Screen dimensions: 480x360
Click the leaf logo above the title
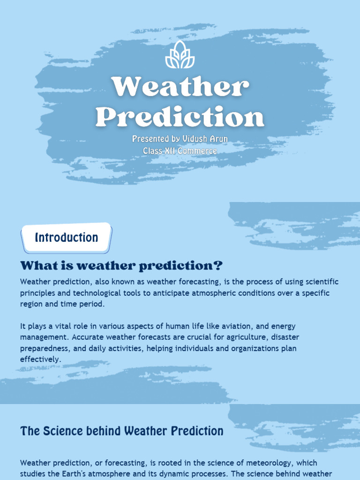pos(180,54)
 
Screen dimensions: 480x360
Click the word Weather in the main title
pos(180,87)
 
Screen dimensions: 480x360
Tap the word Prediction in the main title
pos(180,117)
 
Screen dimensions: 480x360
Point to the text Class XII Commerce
pos(180,151)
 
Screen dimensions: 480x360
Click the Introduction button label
pos(66,238)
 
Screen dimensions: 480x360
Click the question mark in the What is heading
pos(217,266)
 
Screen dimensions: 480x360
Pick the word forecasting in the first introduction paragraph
pos(172,282)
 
